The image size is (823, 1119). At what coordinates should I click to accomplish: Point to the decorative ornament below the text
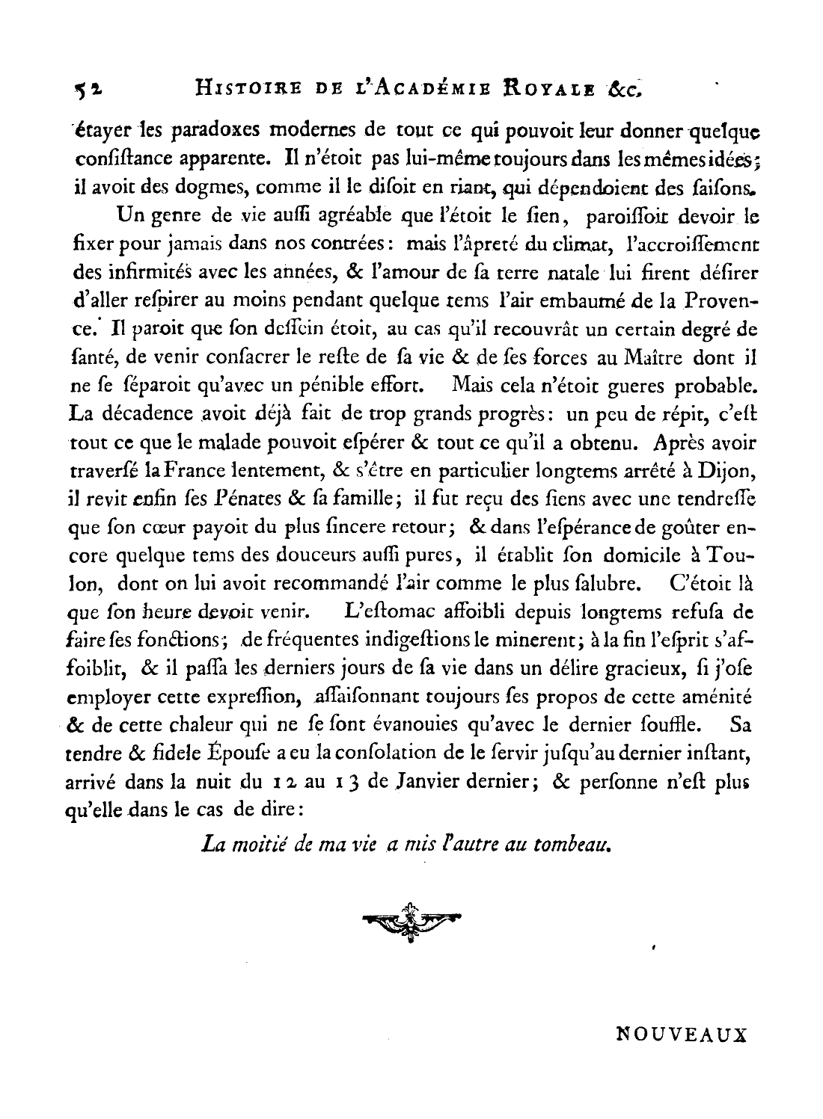click(411, 921)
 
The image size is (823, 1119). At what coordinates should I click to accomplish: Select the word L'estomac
click(387, 612)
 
